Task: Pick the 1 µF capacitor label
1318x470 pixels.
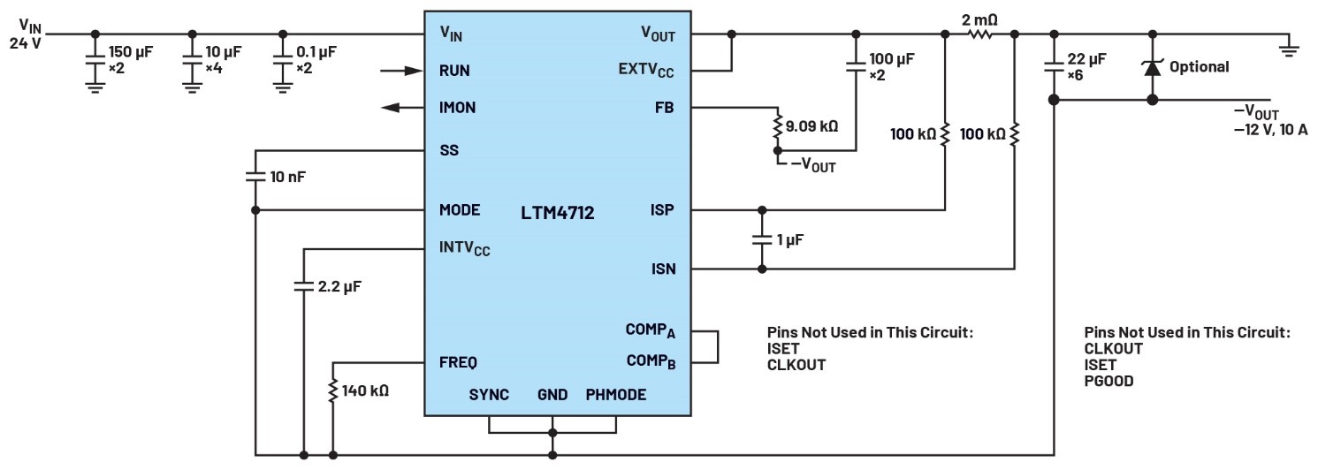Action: [x=789, y=239]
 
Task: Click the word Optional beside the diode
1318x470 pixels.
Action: [x=1199, y=66]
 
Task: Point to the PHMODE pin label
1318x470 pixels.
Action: [x=615, y=395]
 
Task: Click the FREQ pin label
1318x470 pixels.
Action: [x=458, y=362]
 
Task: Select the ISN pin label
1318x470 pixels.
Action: [x=663, y=269]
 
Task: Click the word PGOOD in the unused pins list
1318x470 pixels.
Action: [x=1108, y=382]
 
